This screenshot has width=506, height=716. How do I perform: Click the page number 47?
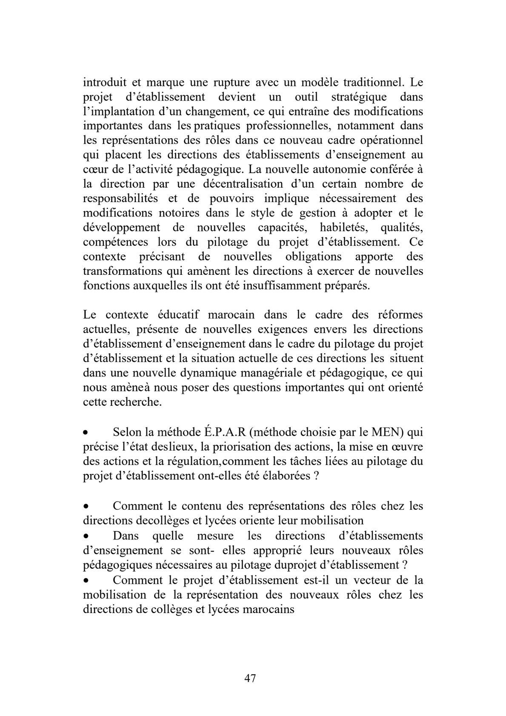coord(250,678)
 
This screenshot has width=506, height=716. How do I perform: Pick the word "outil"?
coord(306,97)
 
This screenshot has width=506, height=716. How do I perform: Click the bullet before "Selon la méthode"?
coord(86,434)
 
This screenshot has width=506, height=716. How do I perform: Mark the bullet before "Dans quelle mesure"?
coord(86,536)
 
